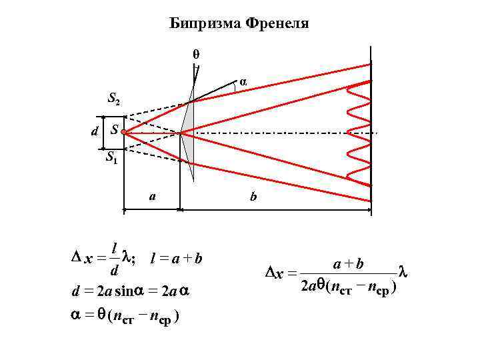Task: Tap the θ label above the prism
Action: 196,53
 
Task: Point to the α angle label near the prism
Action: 244,82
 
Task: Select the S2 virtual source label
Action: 114,101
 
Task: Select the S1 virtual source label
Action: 112,159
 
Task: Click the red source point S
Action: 124,133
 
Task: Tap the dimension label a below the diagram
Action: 153,196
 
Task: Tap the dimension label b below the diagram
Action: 253,197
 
